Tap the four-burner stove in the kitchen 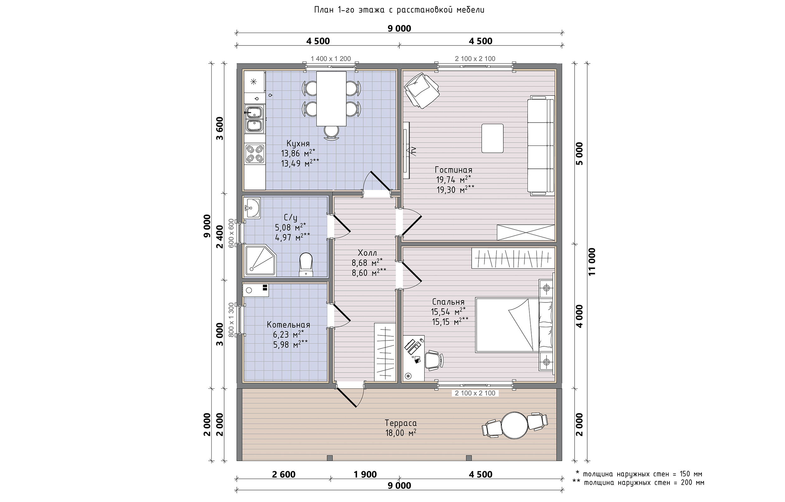coord(254,153)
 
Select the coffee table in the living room coord(492,138)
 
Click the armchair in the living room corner coord(421,90)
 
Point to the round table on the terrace coord(514,426)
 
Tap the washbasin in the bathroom coord(252,208)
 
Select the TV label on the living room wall coord(414,150)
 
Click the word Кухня coord(298,143)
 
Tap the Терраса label coord(401,423)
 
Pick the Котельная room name coord(288,325)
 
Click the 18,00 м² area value coord(401,433)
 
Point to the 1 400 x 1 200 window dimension coord(331,59)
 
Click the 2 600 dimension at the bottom coord(284,474)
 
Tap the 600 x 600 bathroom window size coord(231,233)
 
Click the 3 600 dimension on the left coord(220,128)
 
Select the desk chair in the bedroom coord(434,360)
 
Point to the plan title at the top coord(399,10)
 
